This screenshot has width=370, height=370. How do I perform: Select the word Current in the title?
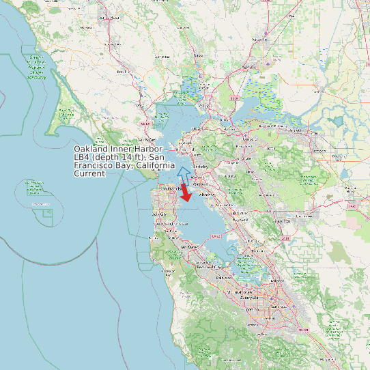(x=89, y=173)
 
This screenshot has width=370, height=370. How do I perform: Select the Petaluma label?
(x=123, y=71)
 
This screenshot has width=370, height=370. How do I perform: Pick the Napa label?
(x=199, y=55)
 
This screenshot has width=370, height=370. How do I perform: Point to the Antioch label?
(x=296, y=129)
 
